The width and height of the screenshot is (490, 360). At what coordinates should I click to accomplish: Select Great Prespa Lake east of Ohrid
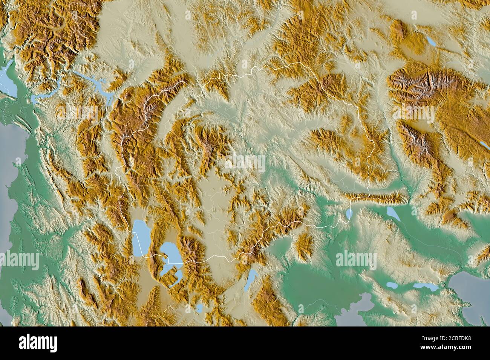[170, 253]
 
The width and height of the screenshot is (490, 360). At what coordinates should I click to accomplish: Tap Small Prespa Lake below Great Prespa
[175, 277]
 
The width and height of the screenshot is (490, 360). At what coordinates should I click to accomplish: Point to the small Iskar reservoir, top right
[431, 41]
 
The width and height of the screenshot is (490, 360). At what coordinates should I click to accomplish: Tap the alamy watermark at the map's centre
[245, 163]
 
